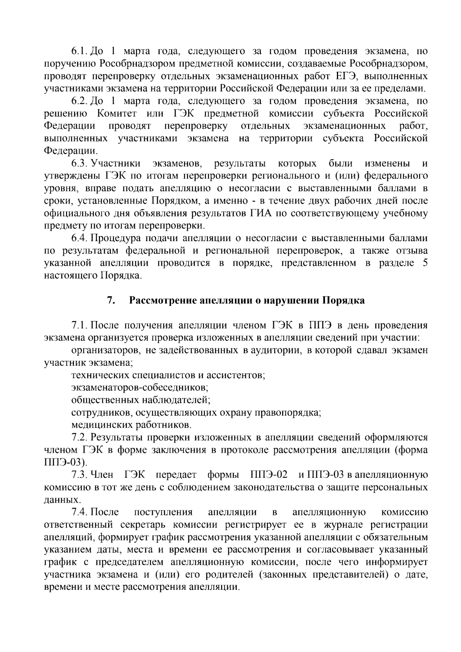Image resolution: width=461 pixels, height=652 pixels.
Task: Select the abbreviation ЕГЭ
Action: (x=343, y=76)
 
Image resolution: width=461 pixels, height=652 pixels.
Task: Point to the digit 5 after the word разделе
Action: (x=425, y=263)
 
